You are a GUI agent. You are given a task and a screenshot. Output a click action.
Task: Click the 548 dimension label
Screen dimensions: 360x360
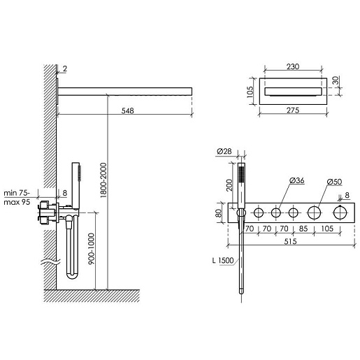[x=127, y=110]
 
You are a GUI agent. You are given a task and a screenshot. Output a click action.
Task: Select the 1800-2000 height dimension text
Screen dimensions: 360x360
[x=103, y=180]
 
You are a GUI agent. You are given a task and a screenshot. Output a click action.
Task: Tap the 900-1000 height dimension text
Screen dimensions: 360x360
[x=92, y=249]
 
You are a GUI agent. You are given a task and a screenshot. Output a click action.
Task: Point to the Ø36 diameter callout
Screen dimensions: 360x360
[x=297, y=180]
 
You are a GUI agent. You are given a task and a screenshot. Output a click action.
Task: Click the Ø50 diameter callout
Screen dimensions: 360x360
[x=334, y=182]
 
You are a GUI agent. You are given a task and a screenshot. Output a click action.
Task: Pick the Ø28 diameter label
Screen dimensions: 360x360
[x=224, y=151]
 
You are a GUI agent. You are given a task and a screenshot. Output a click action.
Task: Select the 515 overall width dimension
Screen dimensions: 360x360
[x=290, y=241]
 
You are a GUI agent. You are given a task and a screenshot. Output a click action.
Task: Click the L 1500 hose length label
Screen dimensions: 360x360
[x=223, y=260]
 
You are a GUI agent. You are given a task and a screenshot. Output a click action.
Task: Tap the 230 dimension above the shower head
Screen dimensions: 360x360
[x=293, y=66]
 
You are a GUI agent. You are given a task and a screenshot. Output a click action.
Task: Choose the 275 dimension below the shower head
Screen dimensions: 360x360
[x=293, y=110]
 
